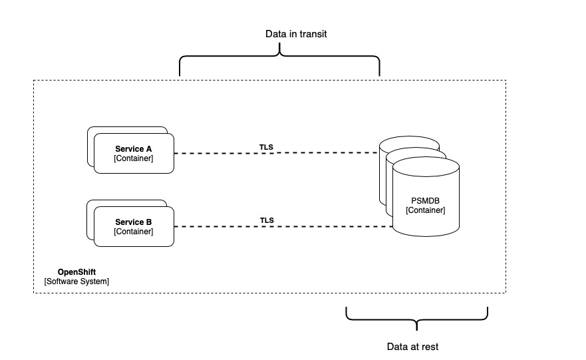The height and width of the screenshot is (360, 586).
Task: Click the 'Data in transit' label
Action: tap(279, 33)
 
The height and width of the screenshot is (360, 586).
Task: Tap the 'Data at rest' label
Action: tap(412, 347)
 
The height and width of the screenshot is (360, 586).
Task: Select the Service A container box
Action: tap(133, 153)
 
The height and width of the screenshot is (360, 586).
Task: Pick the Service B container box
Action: tap(133, 226)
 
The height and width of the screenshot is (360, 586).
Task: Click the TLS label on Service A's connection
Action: tap(267, 146)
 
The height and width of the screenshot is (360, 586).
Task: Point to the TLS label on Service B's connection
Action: tap(267, 220)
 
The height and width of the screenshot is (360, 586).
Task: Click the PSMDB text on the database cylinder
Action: tap(426, 200)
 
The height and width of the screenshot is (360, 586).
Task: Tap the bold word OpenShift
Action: tap(76, 271)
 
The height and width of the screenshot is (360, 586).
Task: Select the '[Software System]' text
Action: tap(76, 281)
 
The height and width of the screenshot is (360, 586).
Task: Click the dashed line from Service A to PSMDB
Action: tap(220, 154)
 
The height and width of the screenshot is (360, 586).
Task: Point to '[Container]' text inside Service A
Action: tap(133, 158)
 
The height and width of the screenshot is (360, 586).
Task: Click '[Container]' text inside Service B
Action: tap(133, 232)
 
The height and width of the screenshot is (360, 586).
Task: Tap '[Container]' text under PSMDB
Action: tap(426, 210)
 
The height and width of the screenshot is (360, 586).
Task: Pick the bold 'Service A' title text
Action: tap(133, 148)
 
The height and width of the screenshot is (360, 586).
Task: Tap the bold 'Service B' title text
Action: tap(133, 222)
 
